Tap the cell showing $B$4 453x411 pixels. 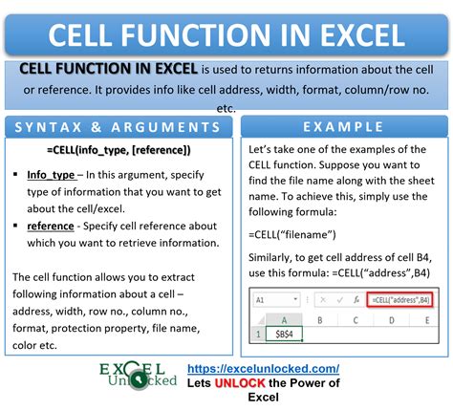(x=286, y=335)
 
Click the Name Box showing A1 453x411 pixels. (x=269, y=299)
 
